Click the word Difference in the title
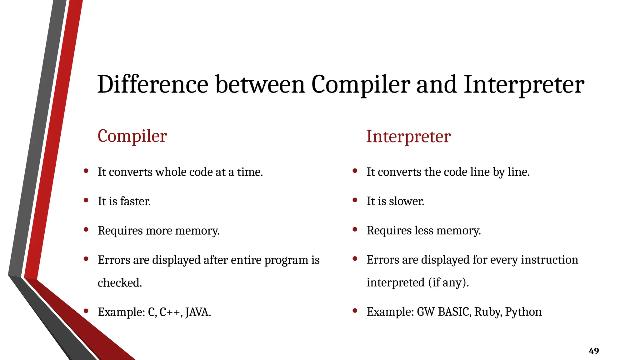pos(152,84)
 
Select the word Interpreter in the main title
pos(523,84)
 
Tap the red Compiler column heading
pos(132,136)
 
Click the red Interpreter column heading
pos(408,137)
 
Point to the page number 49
pos(594,351)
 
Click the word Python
pos(523,312)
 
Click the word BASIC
pos(454,312)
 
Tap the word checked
pos(120,283)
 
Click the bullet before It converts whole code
pos(86,171)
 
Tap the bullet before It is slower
pos(355,200)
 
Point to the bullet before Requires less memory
pos(355,229)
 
